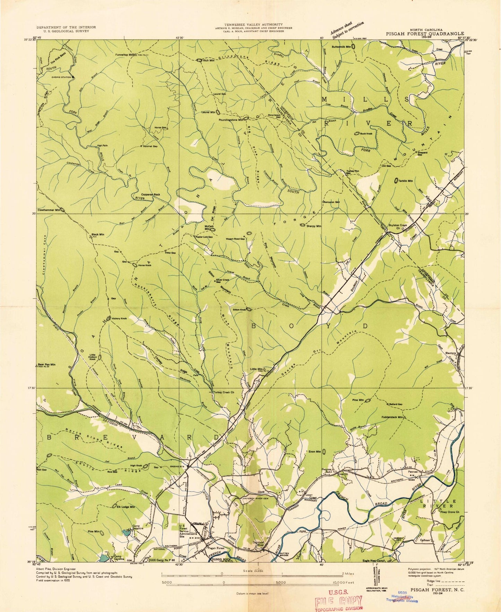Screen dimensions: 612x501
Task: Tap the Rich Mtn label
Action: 209,60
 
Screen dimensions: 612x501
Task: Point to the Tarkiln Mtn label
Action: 406,181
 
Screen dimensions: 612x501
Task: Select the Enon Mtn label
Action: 314,452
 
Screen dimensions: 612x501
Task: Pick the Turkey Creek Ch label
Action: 223,392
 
